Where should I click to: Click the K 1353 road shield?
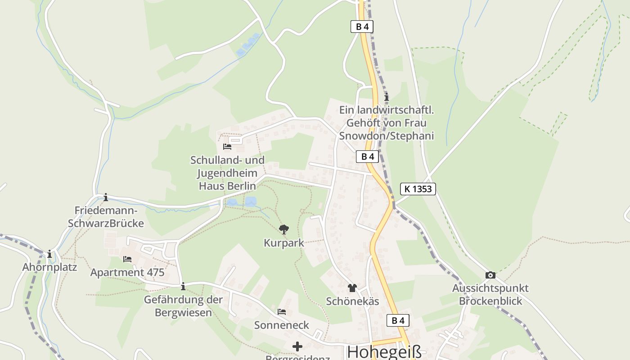coord(418,189)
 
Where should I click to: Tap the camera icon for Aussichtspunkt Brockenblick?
coord(490,275)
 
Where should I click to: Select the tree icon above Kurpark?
coord(283,229)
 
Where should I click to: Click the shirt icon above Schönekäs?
coord(352,288)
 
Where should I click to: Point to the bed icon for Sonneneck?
coord(282,311)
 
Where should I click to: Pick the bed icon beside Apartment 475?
coord(127,259)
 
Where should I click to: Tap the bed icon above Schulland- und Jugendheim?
coord(227,147)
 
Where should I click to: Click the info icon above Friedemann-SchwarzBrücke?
coord(106,197)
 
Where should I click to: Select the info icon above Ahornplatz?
coord(49,254)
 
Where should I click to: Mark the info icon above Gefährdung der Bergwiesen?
coord(183,286)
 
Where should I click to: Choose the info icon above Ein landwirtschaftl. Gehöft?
coord(387,97)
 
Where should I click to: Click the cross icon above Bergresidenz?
coord(297,346)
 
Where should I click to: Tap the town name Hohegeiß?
coord(385,351)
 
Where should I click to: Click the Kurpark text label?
coord(284,243)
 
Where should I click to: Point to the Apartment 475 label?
coord(127,273)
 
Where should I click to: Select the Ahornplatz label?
coord(49,267)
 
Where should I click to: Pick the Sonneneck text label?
coord(282,325)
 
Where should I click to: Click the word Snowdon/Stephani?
coord(387,136)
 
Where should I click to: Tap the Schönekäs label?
coord(352,301)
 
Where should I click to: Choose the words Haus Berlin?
coord(228,186)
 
